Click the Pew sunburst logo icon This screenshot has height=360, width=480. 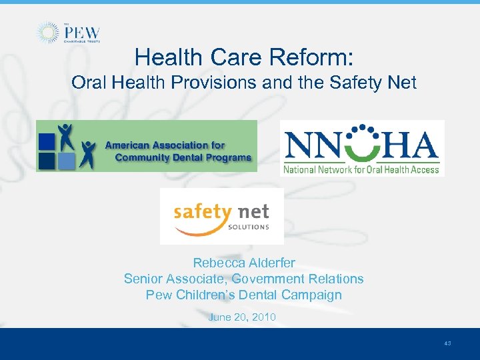(47, 33)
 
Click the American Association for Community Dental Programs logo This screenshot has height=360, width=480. (146, 146)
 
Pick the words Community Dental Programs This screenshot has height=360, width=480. (183, 158)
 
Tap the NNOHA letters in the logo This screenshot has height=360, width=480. (361, 145)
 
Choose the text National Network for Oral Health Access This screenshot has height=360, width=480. (361, 169)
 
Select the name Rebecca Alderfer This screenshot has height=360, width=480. (243, 263)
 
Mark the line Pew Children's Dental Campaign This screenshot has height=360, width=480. (243, 295)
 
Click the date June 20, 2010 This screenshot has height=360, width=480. (242, 317)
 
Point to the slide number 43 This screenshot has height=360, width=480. (447, 343)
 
